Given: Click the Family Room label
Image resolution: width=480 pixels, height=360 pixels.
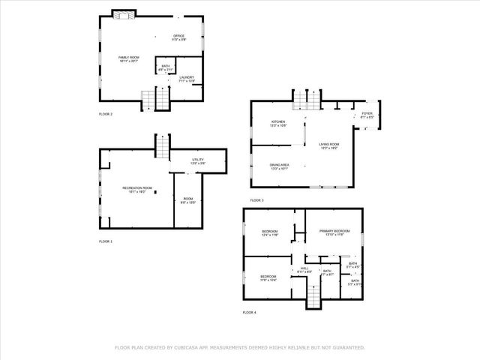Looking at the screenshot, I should [128, 58].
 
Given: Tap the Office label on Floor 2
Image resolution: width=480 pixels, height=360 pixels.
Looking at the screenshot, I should [178, 37].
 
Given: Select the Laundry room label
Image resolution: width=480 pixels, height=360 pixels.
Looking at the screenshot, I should [186, 77].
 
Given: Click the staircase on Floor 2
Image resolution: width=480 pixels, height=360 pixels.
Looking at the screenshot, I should [158, 97].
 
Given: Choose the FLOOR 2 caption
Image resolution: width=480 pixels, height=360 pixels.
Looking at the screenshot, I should [105, 114].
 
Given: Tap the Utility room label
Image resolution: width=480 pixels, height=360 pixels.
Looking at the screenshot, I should [197, 160].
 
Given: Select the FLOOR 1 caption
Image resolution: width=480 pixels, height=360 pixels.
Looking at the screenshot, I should [105, 241].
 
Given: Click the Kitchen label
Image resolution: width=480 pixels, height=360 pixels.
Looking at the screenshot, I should [278, 123].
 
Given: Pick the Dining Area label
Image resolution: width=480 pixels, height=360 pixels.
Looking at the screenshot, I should [279, 166].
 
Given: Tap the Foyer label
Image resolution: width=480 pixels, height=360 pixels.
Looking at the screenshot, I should [367, 115].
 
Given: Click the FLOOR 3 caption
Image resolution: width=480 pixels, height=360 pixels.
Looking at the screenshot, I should [257, 200].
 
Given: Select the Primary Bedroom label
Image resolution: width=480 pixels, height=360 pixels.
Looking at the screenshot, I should [334, 232].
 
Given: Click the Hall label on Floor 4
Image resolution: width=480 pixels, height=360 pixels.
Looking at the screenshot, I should [304, 268].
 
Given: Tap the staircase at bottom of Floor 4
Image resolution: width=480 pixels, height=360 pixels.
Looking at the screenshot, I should [313, 298].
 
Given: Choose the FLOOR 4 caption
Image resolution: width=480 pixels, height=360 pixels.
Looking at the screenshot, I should [249, 311].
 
